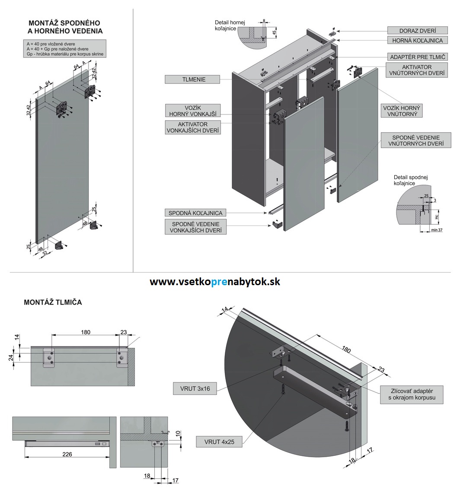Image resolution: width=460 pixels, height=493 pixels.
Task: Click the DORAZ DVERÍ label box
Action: tap(417, 31)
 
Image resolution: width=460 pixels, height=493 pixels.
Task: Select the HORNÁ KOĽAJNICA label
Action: tap(417, 40)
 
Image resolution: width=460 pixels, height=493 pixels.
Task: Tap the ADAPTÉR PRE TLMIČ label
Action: tap(417, 57)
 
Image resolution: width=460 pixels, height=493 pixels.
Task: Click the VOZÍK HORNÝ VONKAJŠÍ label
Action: tap(192, 111)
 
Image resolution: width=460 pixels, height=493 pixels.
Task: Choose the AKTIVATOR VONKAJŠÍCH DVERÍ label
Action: tap(193, 127)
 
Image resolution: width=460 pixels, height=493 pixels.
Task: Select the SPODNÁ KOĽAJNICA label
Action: tap(195, 213)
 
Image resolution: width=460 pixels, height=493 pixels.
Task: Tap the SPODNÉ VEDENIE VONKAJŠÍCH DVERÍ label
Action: tap(195, 227)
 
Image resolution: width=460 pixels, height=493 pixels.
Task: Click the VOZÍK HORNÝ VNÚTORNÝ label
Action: tap(402, 111)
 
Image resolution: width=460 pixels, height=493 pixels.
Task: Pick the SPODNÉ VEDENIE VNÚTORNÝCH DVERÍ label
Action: tap(416, 140)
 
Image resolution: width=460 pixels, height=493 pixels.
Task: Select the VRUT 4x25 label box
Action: tap(219, 442)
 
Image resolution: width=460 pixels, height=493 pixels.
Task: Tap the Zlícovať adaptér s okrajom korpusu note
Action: tap(412, 394)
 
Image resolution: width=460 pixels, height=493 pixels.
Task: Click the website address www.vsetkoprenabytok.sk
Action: tap(215, 282)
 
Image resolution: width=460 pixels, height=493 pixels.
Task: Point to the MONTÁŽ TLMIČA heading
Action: tap(53, 302)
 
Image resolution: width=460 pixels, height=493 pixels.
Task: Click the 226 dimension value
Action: tap(67, 454)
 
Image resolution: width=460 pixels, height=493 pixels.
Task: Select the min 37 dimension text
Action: tap(437, 230)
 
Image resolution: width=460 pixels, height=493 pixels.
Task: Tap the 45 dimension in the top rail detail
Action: tap(274, 32)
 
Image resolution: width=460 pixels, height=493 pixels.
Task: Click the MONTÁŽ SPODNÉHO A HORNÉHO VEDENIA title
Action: tap(65, 27)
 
